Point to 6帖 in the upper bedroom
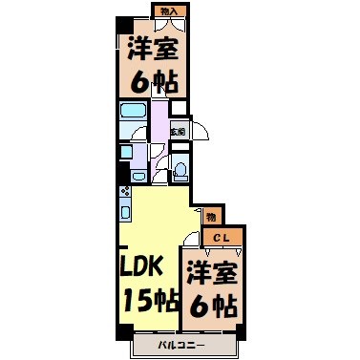151,82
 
